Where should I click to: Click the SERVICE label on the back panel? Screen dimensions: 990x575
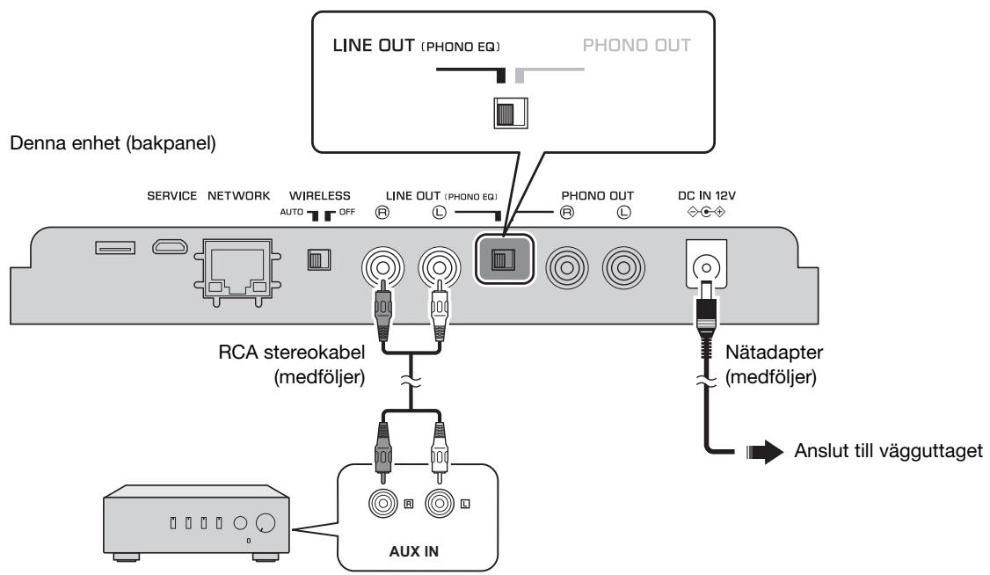coord(171,196)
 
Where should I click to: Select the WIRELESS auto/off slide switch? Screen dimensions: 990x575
coord(319,259)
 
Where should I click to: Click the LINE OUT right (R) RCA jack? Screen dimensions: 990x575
coord(382,267)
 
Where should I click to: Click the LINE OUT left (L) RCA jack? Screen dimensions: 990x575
coord(440,267)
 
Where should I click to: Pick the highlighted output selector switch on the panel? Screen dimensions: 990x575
coord(504,259)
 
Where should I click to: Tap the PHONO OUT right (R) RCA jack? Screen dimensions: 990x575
coord(567,267)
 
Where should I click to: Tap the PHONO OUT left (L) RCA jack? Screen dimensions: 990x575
coord(623,267)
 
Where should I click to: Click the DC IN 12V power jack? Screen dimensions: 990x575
coord(706,266)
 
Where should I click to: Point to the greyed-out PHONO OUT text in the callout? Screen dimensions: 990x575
coord(637,46)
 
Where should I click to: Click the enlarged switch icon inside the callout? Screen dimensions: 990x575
coord(510,113)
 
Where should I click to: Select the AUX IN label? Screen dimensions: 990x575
coord(413,551)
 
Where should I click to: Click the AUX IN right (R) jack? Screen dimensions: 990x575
coord(383,503)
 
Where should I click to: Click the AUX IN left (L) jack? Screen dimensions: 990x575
coord(440,503)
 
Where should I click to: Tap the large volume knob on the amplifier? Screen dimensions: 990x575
coord(266,523)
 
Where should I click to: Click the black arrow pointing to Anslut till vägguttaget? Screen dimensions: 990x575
coord(765,451)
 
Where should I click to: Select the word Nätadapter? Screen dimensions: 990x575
coord(774,353)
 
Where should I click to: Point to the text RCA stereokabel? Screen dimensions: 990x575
coord(292,353)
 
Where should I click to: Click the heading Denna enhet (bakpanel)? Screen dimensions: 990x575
coord(113,143)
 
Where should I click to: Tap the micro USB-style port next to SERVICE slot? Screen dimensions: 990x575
coord(170,246)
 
